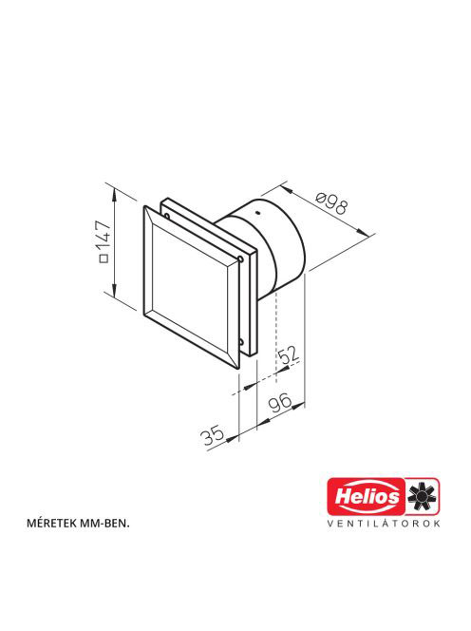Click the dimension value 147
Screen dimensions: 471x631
click(105, 235)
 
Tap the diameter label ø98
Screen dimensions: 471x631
click(331, 203)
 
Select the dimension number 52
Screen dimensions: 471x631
click(289, 354)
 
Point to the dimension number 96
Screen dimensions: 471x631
click(280, 403)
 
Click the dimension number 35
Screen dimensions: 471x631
click(213, 435)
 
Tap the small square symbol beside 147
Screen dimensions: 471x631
click(104, 258)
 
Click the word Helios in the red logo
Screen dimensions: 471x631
click(367, 496)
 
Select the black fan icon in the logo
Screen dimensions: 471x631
click(423, 496)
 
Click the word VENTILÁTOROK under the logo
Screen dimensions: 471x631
click(384, 524)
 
